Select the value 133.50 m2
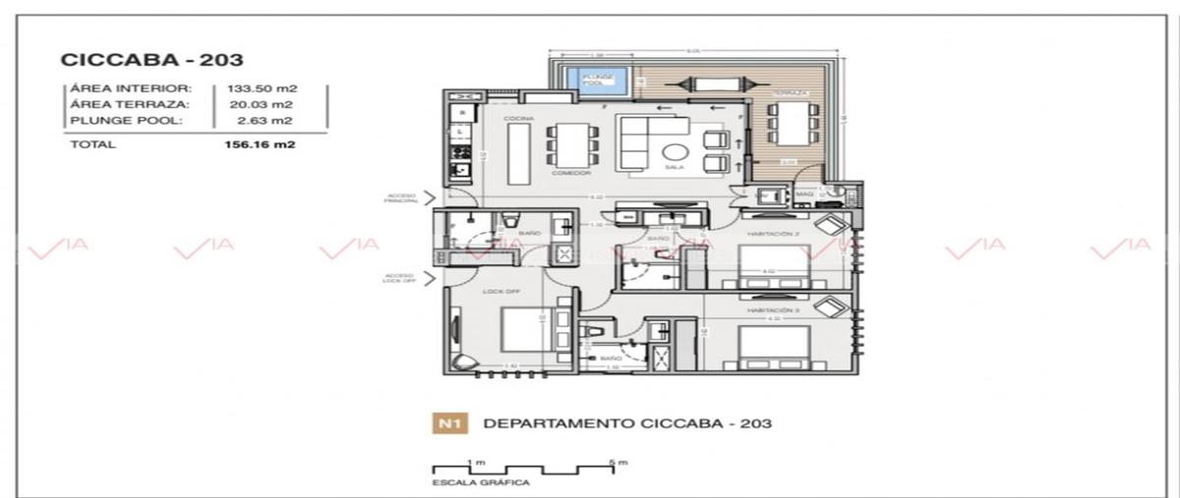(x=262, y=88)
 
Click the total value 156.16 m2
(x=261, y=144)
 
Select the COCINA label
(x=518, y=118)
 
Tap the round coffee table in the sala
(x=676, y=152)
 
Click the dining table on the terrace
(x=787, y=124)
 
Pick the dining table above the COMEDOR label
(x=570, y=144)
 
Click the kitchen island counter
(x=518, y=154)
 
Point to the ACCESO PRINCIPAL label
(x=401, y=197)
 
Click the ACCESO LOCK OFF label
(x=399, y=278)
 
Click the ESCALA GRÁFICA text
(x=481, y=483)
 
